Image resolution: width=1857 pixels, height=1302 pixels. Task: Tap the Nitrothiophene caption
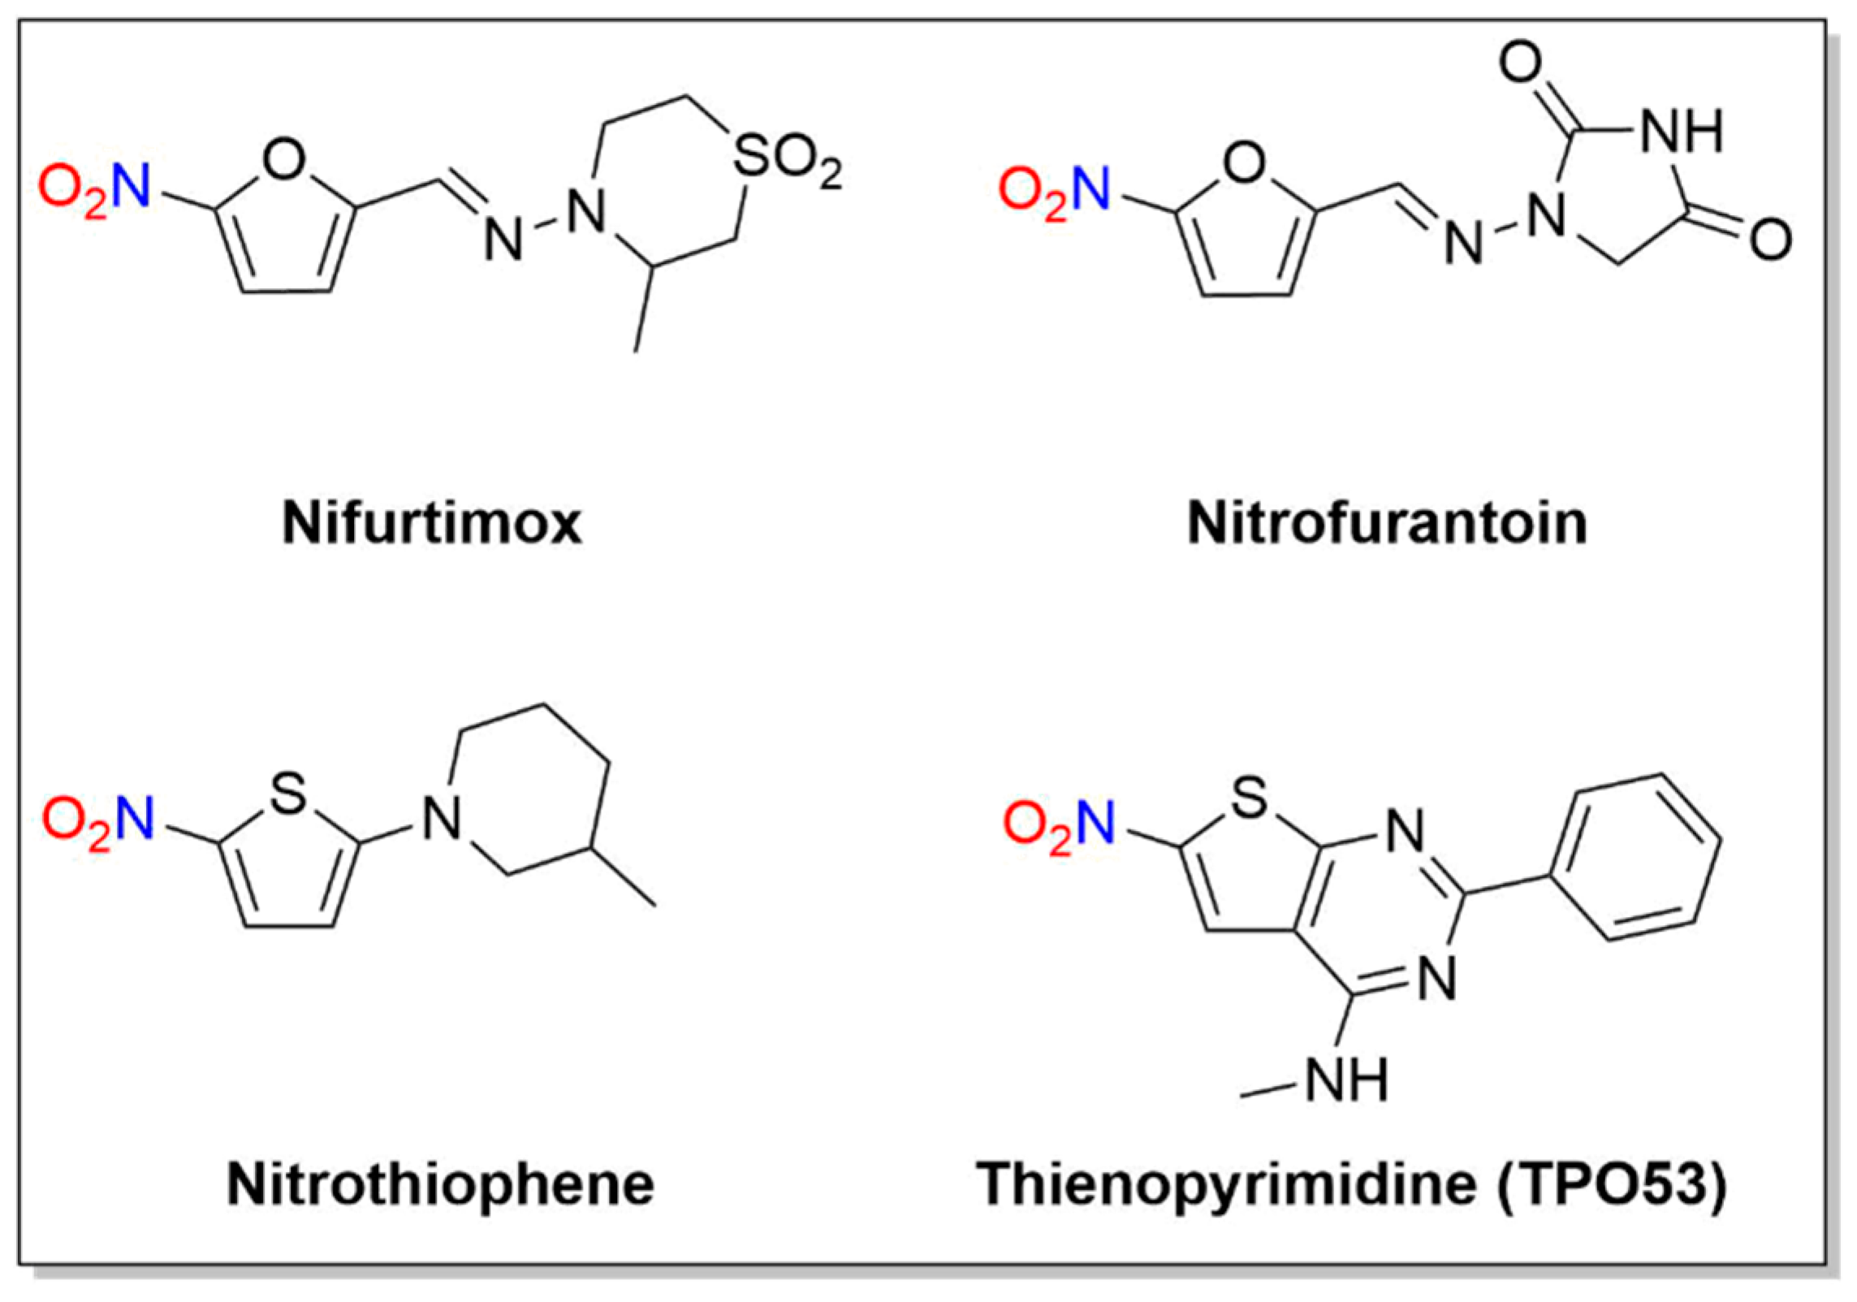tap(441, 1184)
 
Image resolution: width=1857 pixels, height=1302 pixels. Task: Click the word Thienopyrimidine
tap(1226, 1184)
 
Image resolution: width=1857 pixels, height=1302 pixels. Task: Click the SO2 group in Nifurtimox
tap(786, 158)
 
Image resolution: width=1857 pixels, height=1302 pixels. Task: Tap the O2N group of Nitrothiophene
tap(97, 820)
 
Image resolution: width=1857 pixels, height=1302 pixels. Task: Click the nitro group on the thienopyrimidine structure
tap(1058, 824)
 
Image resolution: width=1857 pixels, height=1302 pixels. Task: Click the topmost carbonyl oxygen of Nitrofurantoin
tap(1521, 63)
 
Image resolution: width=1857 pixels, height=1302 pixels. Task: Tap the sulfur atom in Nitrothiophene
tap(288, 794)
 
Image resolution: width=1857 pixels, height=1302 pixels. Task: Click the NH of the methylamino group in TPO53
tap(1348, 1079)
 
